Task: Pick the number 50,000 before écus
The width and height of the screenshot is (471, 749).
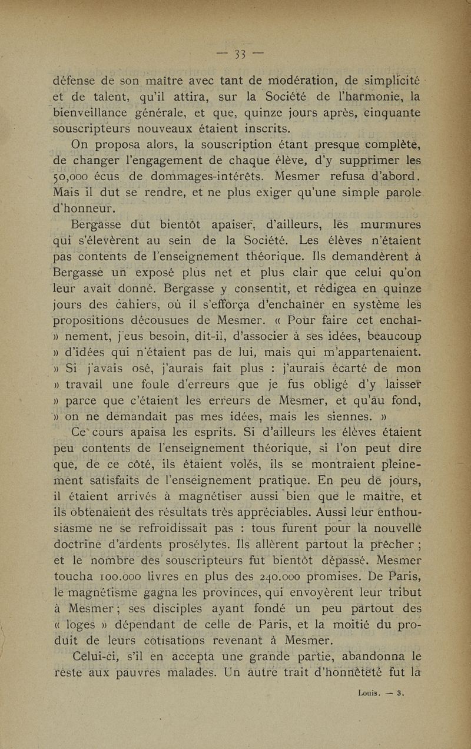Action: click(x=74, y=175)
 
